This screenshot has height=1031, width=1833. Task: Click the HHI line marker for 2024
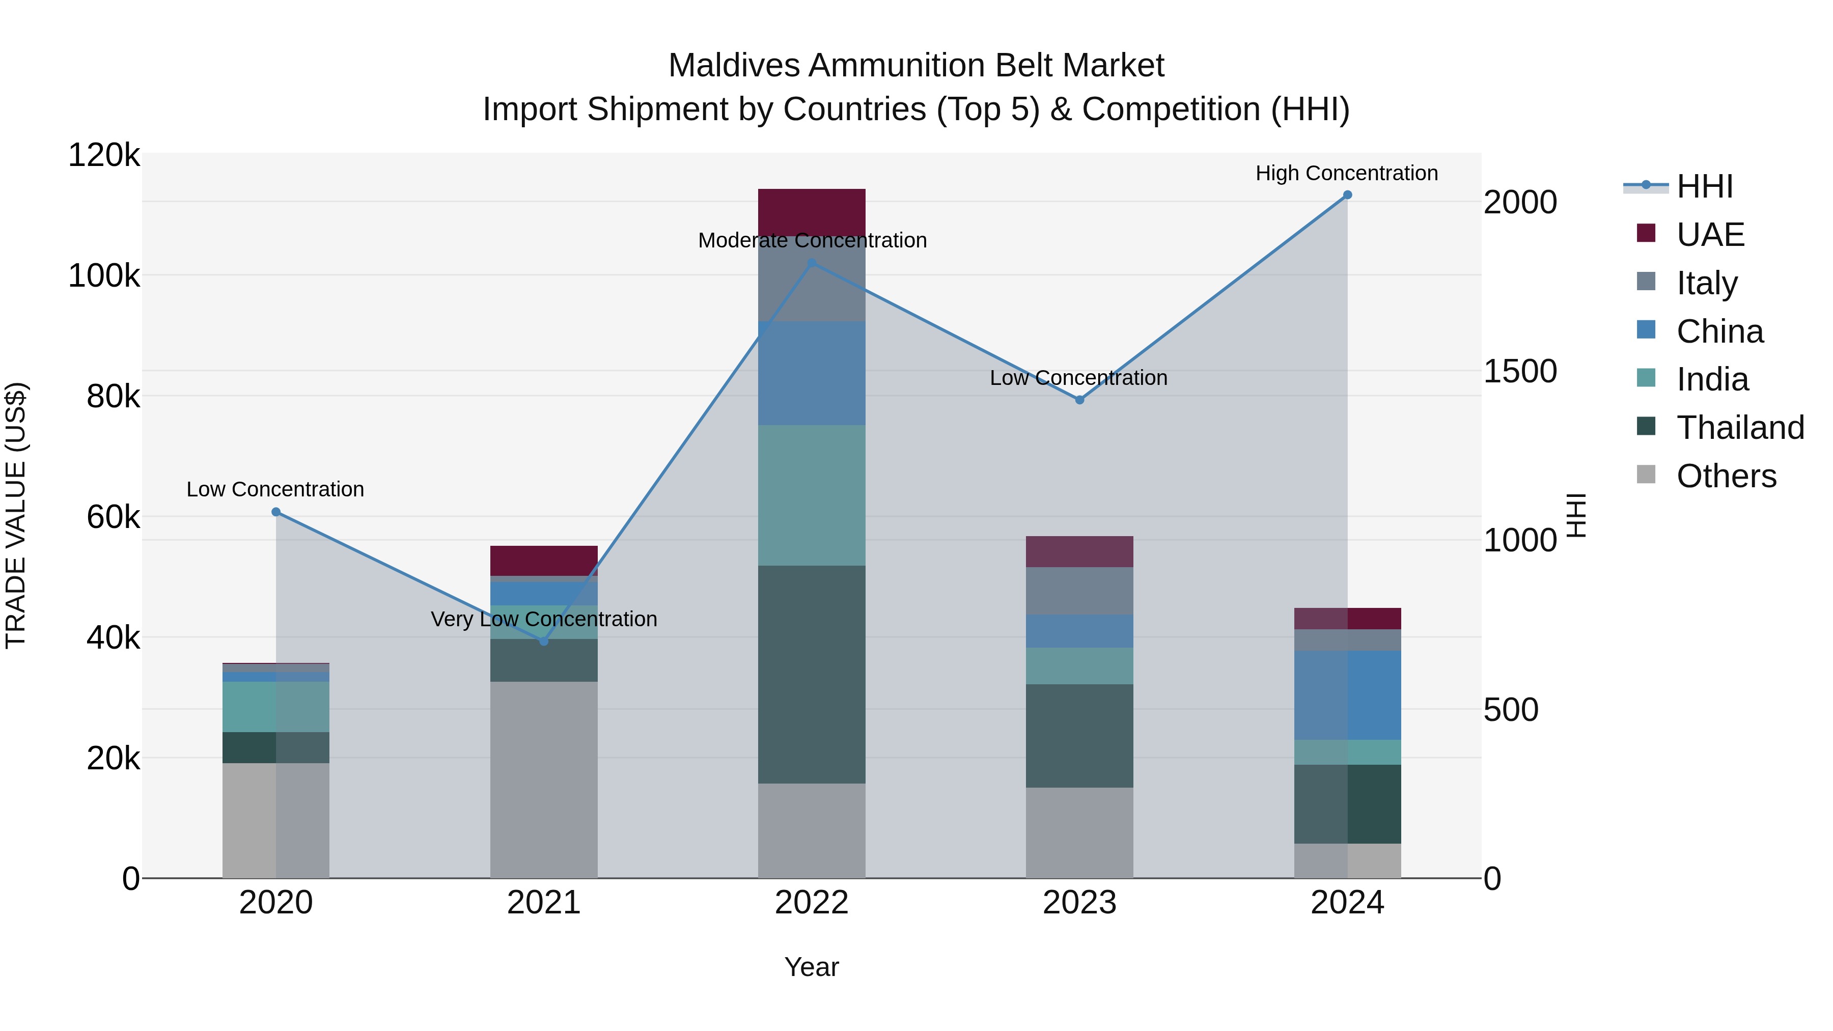tap(1347, 195)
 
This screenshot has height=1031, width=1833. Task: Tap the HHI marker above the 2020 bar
tap(276, 512)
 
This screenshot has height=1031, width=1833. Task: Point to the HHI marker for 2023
tap(1079, 400)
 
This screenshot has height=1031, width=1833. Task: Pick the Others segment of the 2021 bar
tap(544, 779)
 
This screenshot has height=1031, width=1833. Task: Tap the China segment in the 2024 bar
tap(1347, 695)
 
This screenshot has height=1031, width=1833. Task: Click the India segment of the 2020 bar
tap(276, 707)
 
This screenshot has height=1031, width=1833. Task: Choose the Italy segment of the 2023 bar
tap(1079, 591)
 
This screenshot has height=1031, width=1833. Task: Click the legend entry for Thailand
tap(1740, 428)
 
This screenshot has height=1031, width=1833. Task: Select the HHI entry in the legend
tap(1704, 186)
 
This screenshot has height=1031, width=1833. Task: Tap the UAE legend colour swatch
tap(1646, 233)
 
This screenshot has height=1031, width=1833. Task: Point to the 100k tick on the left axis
tap(104, 276)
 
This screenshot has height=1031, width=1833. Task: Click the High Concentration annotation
tap(1346, 174)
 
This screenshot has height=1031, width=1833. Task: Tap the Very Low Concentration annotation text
tap(544, 619)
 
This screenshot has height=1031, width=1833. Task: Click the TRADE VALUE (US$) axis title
tap(16, 515)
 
